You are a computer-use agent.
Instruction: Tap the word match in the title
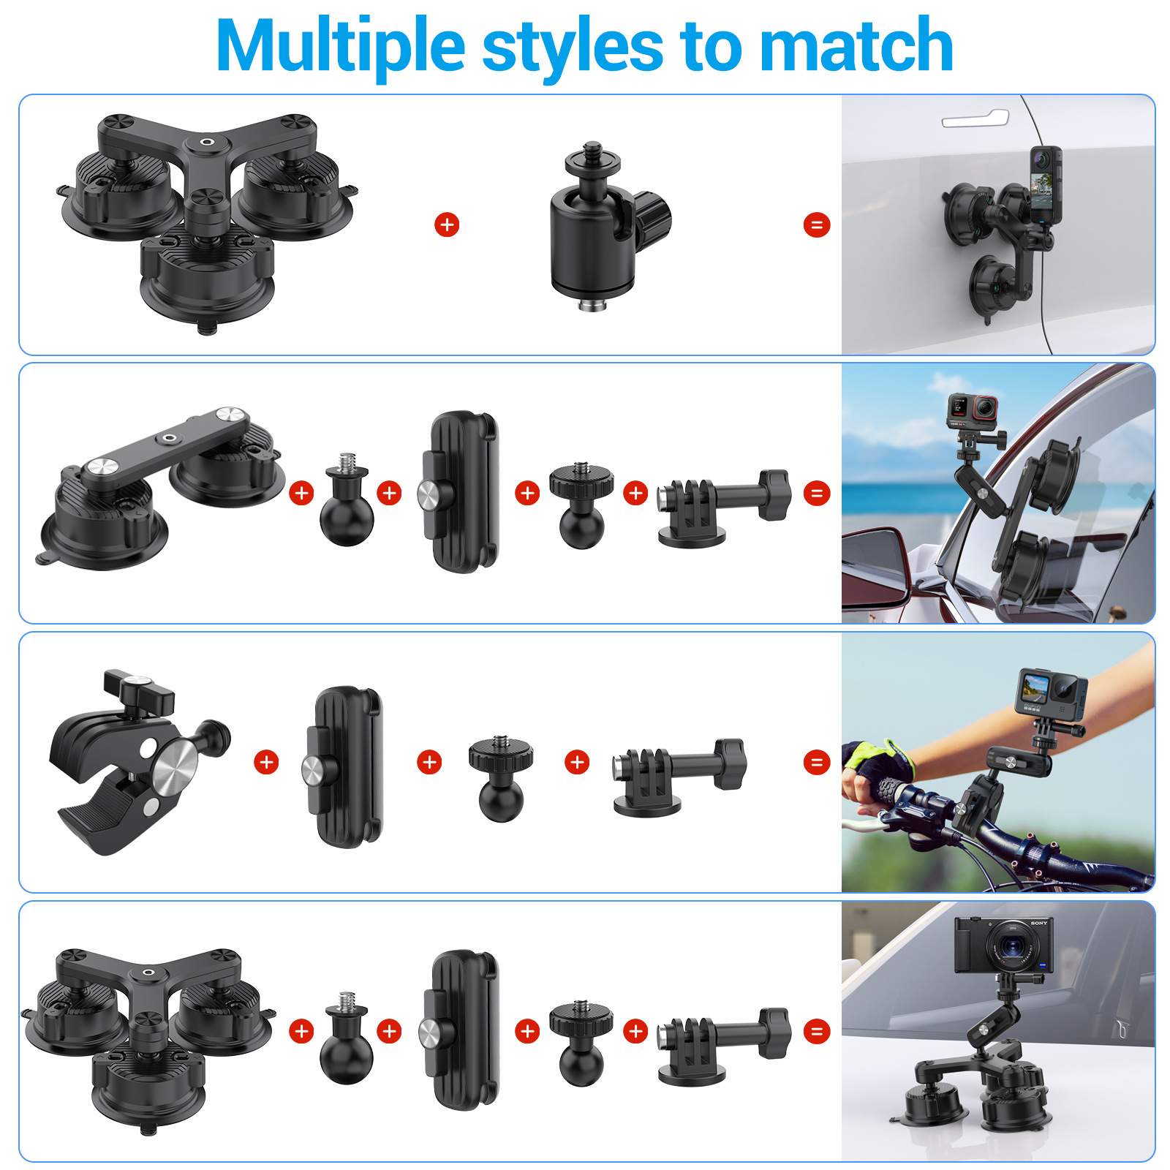click(x=856, y=45)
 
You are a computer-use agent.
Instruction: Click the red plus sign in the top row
click(x=447, y=224)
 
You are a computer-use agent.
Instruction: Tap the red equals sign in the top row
click(x=817, y=224)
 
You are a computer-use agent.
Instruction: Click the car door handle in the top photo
click(x=975, y=118)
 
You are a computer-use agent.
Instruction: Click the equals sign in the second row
click(x=817, y=494)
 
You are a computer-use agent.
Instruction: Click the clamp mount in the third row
click(x=139, y=762)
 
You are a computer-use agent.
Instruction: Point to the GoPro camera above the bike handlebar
click(x=1051, y=692)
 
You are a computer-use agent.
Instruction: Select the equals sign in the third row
click(x=817, y=763)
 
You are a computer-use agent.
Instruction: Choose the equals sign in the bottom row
click(x=817, y=1032)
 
